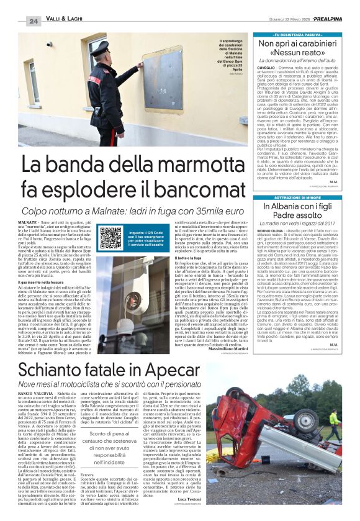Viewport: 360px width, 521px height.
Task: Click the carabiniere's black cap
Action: click(102, 48)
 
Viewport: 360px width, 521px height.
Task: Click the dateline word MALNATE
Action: click(28, 222)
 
